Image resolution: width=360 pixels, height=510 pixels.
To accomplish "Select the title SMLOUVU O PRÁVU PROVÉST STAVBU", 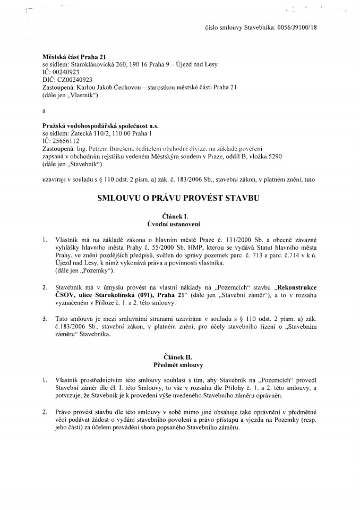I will (x=179, y=198).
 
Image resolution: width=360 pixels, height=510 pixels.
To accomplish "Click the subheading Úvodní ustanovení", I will (x=179, y=224).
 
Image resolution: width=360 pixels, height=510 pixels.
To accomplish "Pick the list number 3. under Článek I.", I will (x=44, y=319).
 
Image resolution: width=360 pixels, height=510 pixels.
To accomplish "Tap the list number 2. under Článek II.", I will (x=44, y=412).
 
